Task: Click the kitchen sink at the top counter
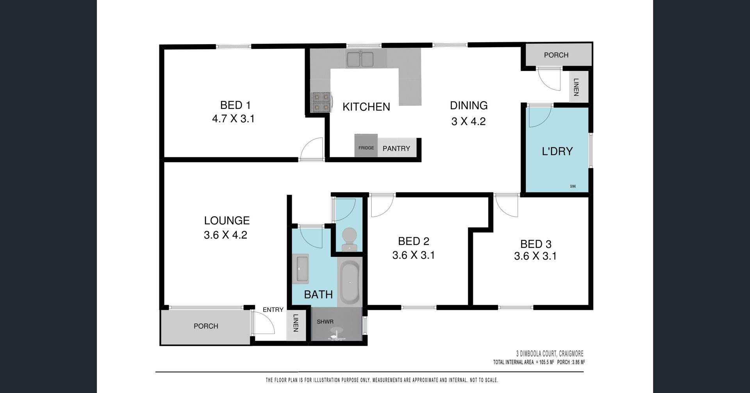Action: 361,59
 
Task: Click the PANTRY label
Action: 396,148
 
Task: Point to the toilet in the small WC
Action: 348,239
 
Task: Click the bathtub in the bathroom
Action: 350,282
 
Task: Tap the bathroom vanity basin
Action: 300,269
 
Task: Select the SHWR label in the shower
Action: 325,322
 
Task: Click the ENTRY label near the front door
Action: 273,309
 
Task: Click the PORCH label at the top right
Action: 556,55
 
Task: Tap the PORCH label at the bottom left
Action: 206,326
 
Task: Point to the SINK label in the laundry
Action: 573,187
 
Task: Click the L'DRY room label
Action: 557,151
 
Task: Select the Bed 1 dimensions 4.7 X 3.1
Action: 233,119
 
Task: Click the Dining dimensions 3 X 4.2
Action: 468,121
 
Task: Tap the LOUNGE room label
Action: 227,221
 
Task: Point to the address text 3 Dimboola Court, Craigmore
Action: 550,354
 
